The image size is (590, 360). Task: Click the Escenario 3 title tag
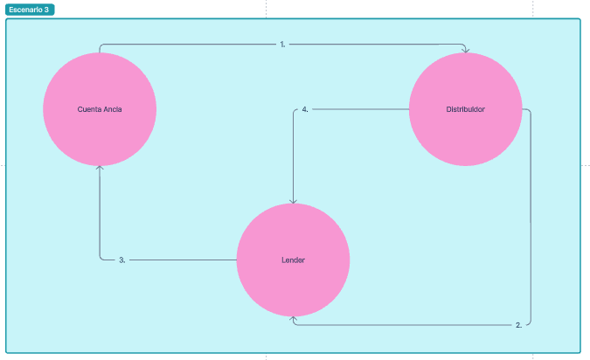pos(30,10)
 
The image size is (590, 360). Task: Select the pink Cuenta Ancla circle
pos(100,109)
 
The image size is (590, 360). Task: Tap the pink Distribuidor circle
pos(466,109)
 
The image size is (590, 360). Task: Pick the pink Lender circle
pos(293,260)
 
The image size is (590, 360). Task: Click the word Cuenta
pos(88,109)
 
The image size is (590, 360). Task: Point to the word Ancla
pos(112,109)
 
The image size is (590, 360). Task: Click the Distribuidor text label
pos(466,109)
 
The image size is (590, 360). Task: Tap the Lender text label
pos(293,260)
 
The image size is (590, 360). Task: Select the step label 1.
pos(282,43)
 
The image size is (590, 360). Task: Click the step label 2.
pos(518,324)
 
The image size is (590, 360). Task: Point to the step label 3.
pos(122,260)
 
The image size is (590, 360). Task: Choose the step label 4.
pos(304,109)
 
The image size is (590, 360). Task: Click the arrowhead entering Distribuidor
pos(465,50)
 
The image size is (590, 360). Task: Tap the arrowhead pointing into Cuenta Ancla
pos(100,168)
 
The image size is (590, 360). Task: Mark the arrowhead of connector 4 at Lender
pos(293,200)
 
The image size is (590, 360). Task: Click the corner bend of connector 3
pos(101,259)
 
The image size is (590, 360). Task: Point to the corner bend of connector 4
pos(294,110)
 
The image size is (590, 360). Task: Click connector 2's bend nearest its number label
pos(530,322)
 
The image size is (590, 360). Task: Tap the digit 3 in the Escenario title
pos(46,10)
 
